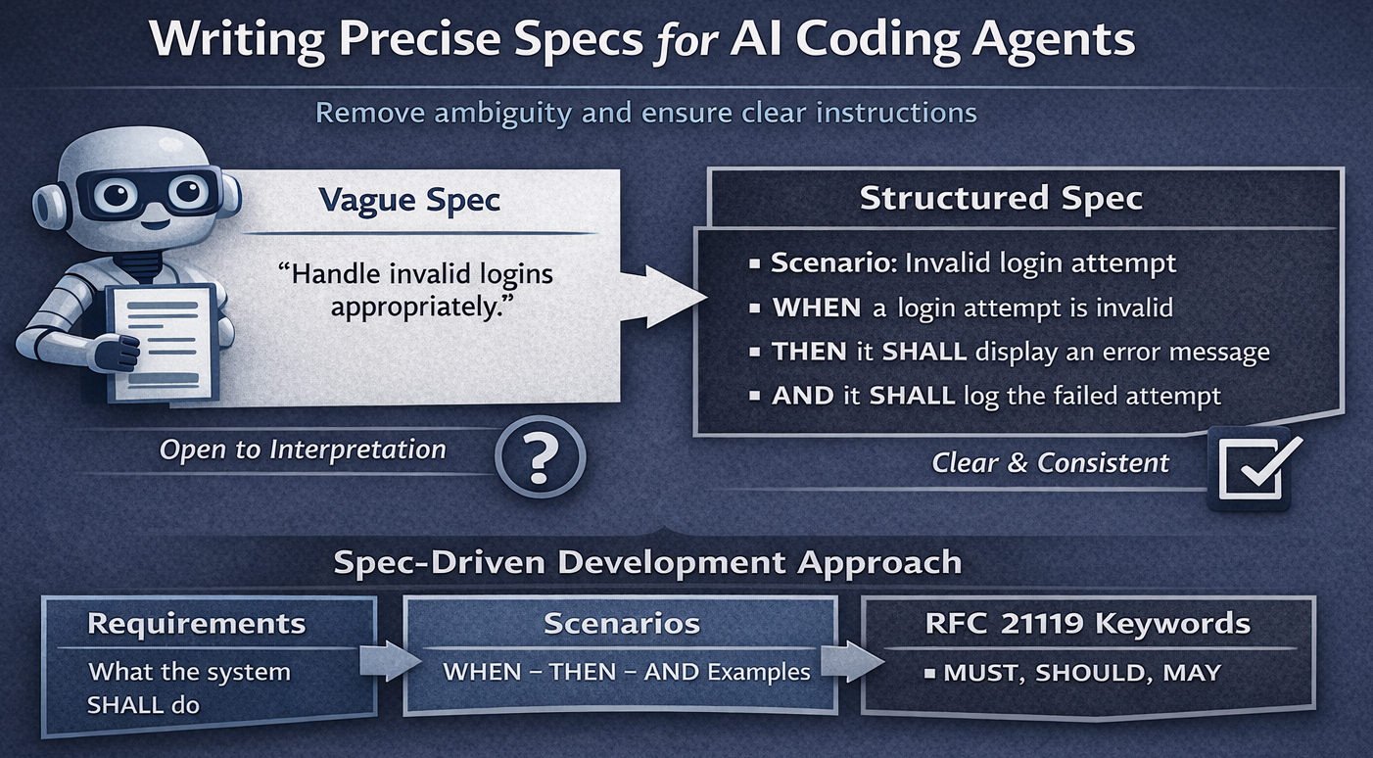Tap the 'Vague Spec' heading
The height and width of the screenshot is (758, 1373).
tap(409, 200)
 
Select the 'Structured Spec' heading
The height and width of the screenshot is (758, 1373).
tap(1000, 198)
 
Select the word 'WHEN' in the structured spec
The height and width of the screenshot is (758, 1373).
tap(817, 308)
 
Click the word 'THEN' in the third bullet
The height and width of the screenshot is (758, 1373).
tap(809, 352)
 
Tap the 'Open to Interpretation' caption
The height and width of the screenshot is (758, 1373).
tap(303, 450)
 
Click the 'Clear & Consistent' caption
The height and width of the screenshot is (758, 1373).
tap(1050, 462)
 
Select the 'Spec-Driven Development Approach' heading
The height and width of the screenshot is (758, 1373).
tap(647, 563)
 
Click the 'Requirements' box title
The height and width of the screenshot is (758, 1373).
tap(196, 624)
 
